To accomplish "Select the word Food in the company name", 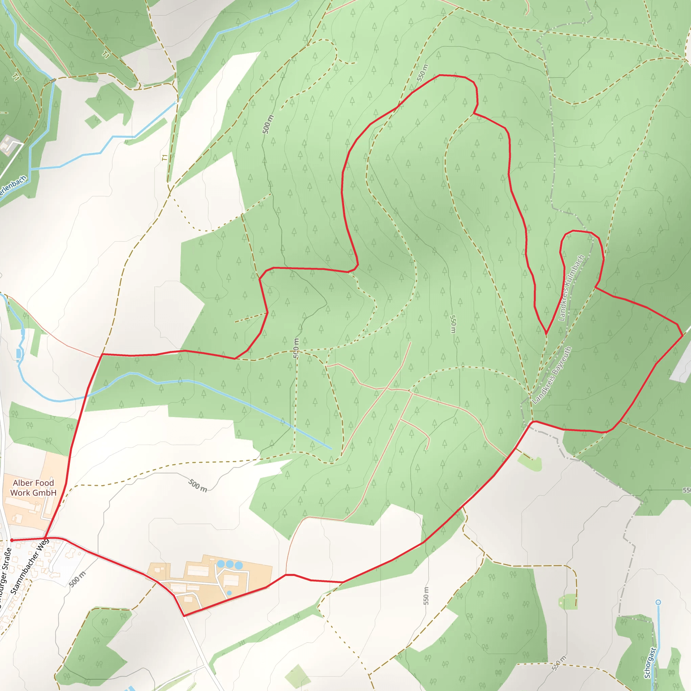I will (44, 483).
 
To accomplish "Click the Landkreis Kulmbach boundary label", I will (571, 288).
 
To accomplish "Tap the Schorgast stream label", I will (650, 663).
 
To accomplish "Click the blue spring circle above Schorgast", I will (658, 603).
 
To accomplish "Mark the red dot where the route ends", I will (12, 540).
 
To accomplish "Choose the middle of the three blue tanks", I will (230, 564).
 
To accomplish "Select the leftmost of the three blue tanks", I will (221, 564).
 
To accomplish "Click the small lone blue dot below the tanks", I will (229, 593).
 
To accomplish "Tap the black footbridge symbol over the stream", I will (53, 81).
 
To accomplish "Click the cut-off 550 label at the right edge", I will (686, 490).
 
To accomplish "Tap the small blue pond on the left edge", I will (19, 353).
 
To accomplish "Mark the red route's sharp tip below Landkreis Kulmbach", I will (546, 334).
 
